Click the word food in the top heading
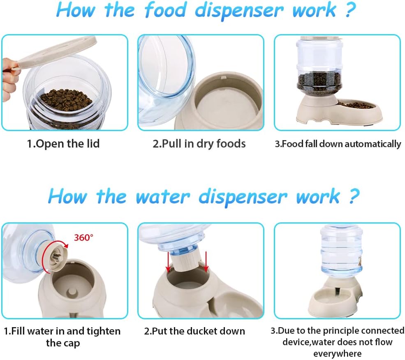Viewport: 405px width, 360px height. click(166, 10)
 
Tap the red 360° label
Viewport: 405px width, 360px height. click(83, 238)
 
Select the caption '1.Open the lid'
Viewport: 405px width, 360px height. click(63, 143)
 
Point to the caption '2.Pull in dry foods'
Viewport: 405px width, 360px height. click(199, 143)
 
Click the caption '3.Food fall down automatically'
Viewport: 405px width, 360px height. click(338, 144)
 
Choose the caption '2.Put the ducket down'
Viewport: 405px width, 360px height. click(194, 331)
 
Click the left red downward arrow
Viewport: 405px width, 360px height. click(168, 262)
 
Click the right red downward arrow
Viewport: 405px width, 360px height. click(206, 261)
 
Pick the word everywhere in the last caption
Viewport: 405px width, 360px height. click(337, 353)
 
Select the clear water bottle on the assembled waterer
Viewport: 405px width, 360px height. click(341, 249)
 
